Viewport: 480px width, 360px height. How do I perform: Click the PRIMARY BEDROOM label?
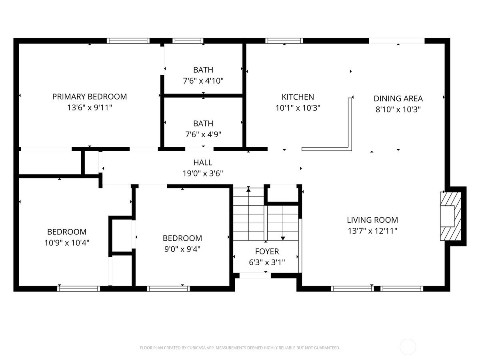(90, 97)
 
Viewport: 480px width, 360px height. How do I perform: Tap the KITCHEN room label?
(298, 97)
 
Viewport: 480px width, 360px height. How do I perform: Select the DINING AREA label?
(398, 98)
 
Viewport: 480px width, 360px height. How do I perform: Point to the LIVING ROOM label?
(372, 220)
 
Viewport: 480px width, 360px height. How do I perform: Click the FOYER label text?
(267, 251)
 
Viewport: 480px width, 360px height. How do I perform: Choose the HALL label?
(203, 162)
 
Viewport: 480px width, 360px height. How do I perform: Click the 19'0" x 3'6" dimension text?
(203, 174)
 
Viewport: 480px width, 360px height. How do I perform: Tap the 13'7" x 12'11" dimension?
(372, 231)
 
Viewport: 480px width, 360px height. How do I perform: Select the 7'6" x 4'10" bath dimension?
(203, 81)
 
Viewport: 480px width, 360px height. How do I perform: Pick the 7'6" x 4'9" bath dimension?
(203, 134)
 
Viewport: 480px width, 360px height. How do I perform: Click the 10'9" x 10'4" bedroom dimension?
(67, 243)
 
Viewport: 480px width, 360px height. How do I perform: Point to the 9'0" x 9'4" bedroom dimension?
(182, 249)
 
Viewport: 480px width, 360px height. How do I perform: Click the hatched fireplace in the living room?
(451, 216)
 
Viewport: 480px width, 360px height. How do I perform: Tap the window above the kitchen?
(284, 41)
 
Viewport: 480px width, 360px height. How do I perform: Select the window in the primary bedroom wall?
(128, 41)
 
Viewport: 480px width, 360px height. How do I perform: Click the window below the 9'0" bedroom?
(168, 289)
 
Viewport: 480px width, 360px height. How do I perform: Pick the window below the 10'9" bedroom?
(78, 289)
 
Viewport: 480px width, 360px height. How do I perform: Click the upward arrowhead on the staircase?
(248, 190)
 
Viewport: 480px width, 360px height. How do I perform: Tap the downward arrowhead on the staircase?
(283, 238)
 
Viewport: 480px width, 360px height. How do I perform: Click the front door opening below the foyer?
(255, 276)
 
